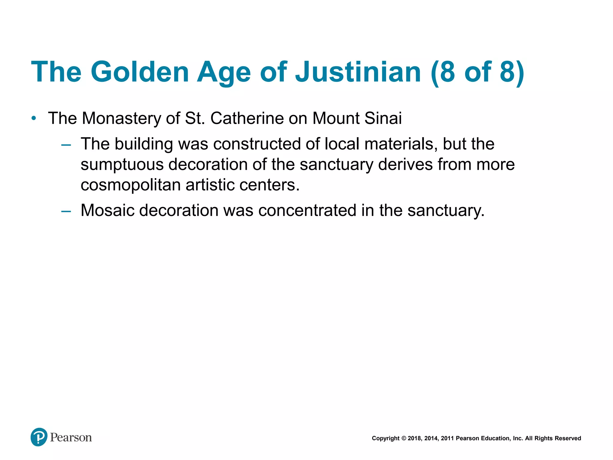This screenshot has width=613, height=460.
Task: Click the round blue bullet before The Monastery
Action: coord(34,118)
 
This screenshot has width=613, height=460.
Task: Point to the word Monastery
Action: coord(121,118)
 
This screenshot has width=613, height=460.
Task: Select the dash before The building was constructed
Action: coord(66,145)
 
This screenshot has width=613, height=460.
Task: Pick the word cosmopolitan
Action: coord(131,185)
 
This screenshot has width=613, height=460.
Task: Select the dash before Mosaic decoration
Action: coord(66,211)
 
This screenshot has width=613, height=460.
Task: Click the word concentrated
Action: coord(307,210)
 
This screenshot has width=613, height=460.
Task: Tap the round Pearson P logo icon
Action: coord(39,437)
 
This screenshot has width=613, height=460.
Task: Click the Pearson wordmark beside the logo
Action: coord(71,438)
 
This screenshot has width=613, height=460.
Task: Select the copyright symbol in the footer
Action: coord(403,438)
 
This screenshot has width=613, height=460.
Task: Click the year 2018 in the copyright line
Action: coord(414,438)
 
